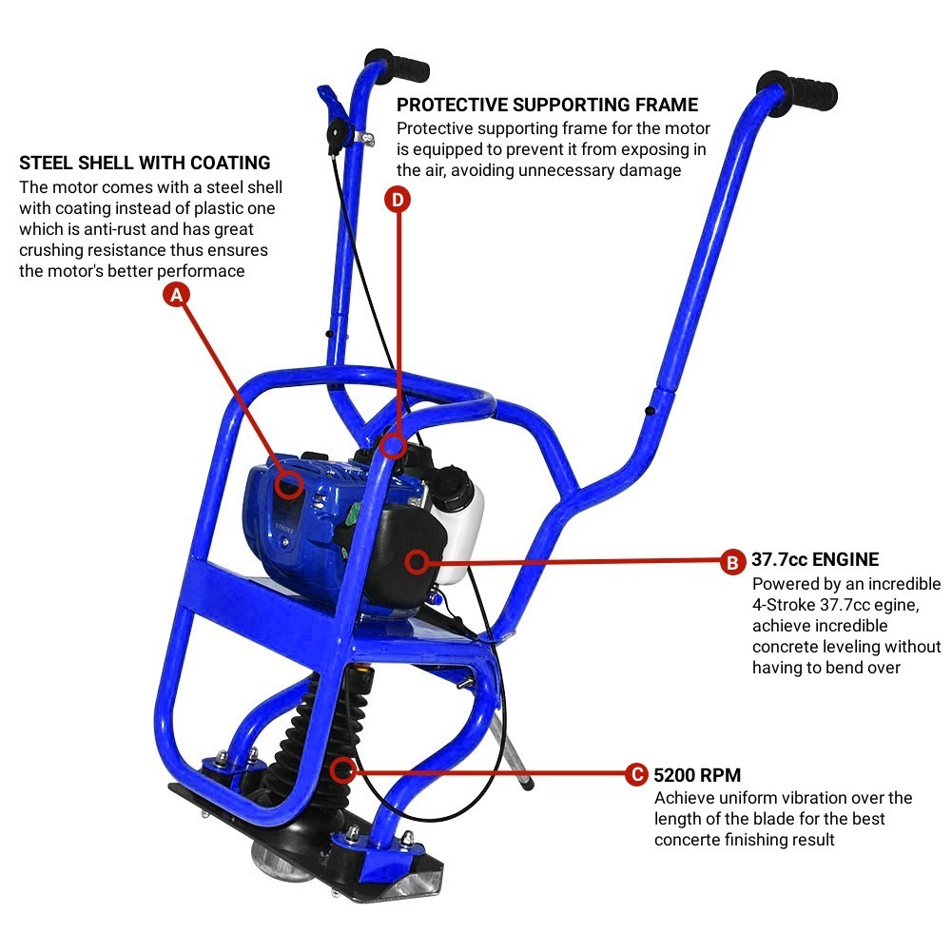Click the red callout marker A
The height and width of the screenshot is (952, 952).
(x=175, y=295)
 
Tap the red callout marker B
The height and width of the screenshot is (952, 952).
(x=731, y=561)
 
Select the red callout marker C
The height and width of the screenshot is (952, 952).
(x=637, y=774)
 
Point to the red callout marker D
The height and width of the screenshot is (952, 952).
(x=398, y=199)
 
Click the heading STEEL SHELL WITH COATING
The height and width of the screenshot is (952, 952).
(x=145, y=163)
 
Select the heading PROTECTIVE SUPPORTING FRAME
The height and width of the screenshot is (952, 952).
(x=547, y=105)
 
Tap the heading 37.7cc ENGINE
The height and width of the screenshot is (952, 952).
(x=815, y=559)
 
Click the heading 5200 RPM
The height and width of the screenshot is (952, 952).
(x=697, y=774)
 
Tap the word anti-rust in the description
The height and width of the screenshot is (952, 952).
(x=111, y=229)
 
